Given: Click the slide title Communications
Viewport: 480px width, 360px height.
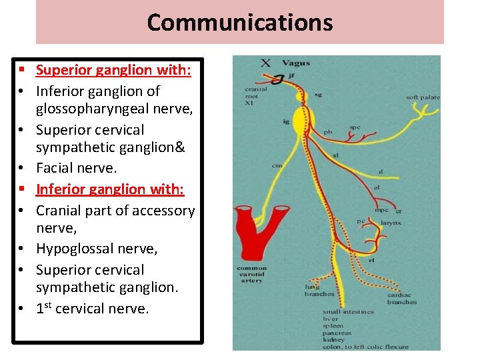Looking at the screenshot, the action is pyautogui.click(x=240, y=22).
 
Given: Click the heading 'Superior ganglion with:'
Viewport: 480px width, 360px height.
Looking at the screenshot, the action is pyautogui.click(x=113, y=70).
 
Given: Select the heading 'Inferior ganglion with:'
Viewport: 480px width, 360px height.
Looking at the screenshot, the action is pyautogui.click(x=110, y=189).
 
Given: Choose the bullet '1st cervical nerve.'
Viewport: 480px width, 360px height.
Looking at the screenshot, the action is pyautogui.click(x=93, y=309).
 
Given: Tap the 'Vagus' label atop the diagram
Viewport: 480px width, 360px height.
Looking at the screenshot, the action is pyautogui.click(x=295, y=63).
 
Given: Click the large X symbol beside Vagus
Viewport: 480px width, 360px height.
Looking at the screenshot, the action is pyautogui.click(x=265, y=63).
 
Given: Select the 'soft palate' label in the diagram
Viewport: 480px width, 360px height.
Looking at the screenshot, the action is pyautogui.click(x=423, y=98).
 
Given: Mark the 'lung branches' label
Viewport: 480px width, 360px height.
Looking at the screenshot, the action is pyautogui.click(x=319, y=291).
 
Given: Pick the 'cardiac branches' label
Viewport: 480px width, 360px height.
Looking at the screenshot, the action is pyautogui.click(x=401, y=298).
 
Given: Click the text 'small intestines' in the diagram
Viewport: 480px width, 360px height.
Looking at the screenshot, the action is pyautogui.click(x=348, y=312).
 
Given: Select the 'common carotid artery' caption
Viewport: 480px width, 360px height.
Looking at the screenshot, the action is pyautogui.click(x=252, y=274).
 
